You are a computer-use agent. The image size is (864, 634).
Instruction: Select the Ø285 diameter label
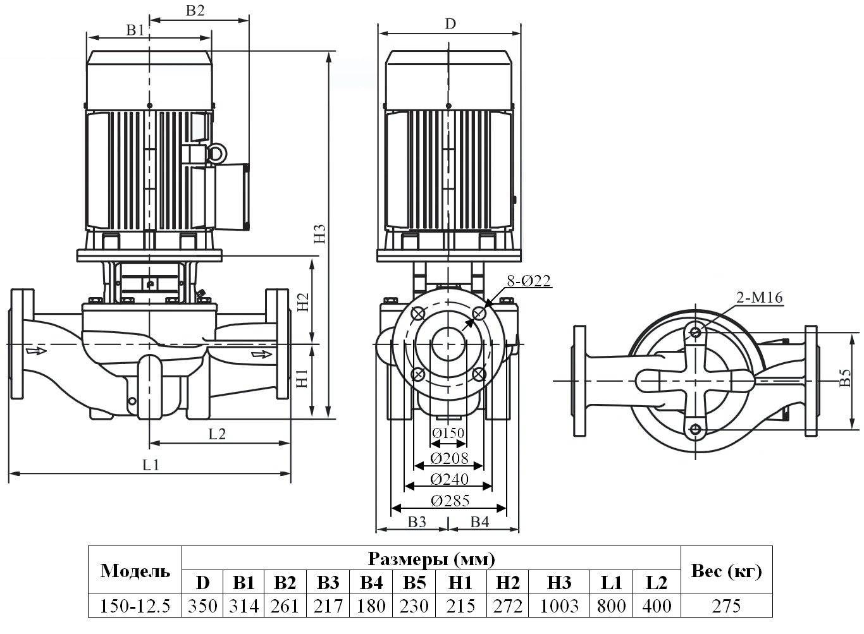coord(450,501)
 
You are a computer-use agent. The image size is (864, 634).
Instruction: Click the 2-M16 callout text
coord(759,298)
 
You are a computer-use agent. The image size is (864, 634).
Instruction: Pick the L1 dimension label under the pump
coord(151,465)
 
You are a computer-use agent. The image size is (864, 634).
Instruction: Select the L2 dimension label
coord(217,433)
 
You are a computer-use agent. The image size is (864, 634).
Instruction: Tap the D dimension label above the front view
coord(450,24)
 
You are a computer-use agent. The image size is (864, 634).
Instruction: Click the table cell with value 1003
coord(559,606)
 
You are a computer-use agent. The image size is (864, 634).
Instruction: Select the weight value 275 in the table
coord(725,606)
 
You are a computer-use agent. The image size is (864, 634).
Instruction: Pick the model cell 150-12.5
coord(135,606)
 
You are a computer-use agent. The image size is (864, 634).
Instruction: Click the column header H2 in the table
coord(508,582)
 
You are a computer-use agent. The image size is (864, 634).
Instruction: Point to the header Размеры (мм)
coord(431,558)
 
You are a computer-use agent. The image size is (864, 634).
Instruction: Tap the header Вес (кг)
coord(725,571)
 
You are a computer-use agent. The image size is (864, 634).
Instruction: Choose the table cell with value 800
coord(611,606)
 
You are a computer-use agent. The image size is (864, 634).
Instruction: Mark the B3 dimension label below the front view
coord(416,521)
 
